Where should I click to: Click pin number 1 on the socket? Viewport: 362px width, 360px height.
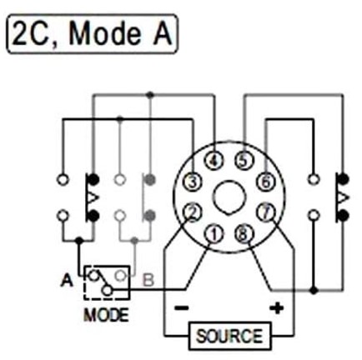coord(214,234)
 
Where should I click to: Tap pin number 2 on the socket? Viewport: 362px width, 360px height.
coord(193,212)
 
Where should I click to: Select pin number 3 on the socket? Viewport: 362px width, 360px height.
coord(193,182)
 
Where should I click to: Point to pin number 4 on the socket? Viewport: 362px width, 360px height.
coord(214,161)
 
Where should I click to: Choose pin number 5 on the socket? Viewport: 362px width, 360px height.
coord(244,161)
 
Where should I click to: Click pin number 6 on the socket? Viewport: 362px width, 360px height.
coord(265,182)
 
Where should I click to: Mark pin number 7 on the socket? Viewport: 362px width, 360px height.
coord(265,212)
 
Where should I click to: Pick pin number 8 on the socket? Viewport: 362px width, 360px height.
coord(244,234)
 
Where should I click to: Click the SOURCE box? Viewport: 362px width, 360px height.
coord(229,336)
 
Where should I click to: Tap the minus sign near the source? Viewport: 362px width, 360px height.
coord(182,307)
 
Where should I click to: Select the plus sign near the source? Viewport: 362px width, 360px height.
coord(277,307)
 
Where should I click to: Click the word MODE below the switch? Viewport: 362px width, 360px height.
coord(107,315)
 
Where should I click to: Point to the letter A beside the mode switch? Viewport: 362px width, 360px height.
coord(67,280)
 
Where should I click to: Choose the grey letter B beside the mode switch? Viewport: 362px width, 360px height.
coord(148,280)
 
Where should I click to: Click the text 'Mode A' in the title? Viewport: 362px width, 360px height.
coord(120,34)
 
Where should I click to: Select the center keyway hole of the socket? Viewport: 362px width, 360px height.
coord(229,197)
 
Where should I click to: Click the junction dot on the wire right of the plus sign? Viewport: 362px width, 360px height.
coord(314,291)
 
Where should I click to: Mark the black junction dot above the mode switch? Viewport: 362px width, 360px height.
coord(79,240)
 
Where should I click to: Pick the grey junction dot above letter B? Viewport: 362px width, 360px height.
coord(134,240)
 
